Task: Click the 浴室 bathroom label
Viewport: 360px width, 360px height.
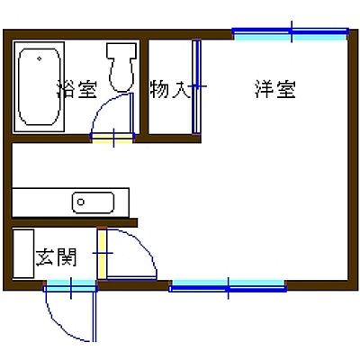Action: (x=76, y=90)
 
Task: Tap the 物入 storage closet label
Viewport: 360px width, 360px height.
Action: (x=170, y=89)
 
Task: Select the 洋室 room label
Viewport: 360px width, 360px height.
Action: (x=275, y=89)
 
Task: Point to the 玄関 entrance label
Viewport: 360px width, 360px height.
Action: (x=56, y=257)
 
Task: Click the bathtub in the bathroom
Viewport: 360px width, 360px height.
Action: (x=39, y=86)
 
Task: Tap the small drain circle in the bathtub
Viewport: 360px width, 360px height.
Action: (x=40, y=58)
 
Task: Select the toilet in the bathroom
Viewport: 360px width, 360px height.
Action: (x=121, y=67)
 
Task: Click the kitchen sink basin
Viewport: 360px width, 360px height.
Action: (x=93, y=202)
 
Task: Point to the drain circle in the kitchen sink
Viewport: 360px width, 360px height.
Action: (x=80, y=202)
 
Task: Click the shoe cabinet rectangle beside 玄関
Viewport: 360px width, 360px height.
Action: (x=23, y=254)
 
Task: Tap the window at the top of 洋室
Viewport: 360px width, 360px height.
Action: (x=291, y=34)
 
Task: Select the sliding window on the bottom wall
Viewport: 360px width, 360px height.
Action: (x=228, y=285)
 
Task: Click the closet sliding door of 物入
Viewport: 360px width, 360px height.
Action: (x=196, y=86)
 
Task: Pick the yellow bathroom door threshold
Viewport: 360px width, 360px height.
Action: (x=112, y=138)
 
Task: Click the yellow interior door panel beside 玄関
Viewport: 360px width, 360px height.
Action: (x=102, y=254)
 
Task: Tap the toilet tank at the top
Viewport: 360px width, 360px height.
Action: (x=121, y=50)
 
